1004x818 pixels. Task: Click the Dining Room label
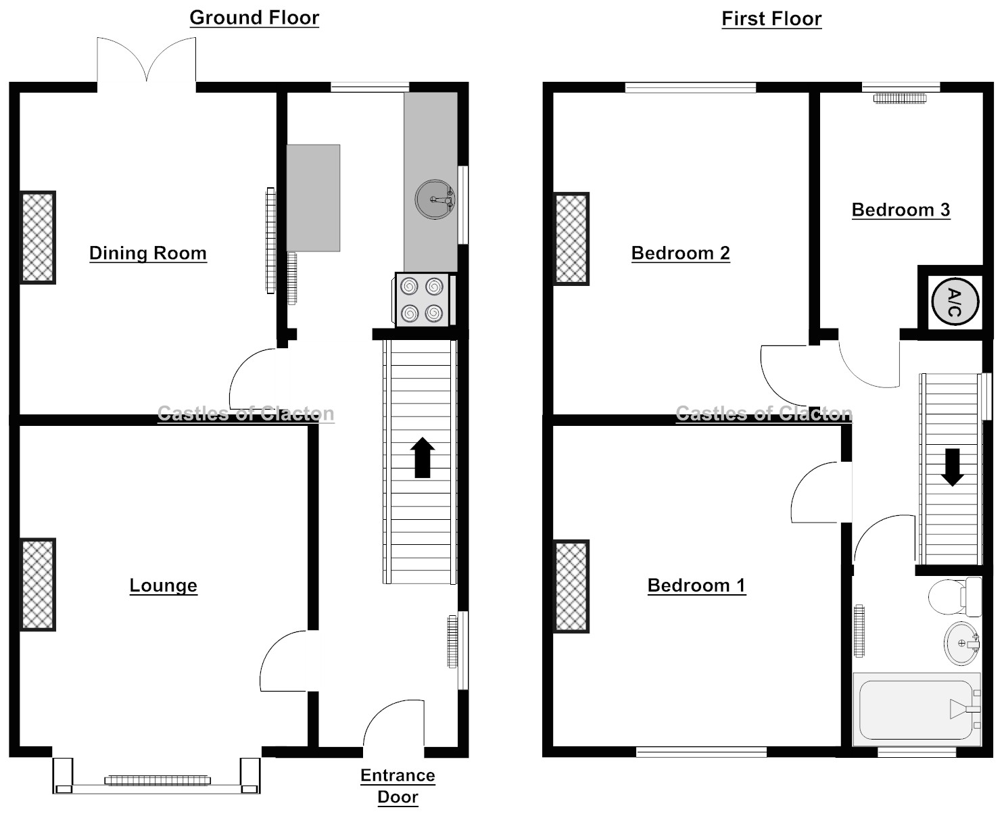click(x=147, y=254)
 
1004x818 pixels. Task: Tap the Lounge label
click(x=163, y=585)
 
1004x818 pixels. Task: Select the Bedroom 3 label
click(x=901, y=210)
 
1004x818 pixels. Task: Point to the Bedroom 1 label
click(x=696, y=585)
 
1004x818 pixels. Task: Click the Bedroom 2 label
click(x=680, y=254)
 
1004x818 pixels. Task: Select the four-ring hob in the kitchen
click(x=422, y=300)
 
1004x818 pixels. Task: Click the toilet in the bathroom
click(x=953, y=597)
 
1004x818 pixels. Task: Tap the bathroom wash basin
click(x=961, y=644)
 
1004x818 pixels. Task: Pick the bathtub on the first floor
click(x=916, y=710)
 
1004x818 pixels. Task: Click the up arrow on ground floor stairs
click(x=423, y=458)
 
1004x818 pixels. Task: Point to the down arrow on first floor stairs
click(x=953, y=467)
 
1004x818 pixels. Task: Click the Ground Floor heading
click(x=254, y=18)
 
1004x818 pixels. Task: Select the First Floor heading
click(x=771, y=19)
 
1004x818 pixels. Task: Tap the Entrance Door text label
click(x=398, y=786)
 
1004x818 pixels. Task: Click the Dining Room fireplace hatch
click(x=38, y=237)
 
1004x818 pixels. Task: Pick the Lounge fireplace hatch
click(x=38, y=585)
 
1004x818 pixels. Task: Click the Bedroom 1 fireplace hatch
click(x=571, y=586)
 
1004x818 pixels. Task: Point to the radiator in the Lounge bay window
click(x=156, y=780)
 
